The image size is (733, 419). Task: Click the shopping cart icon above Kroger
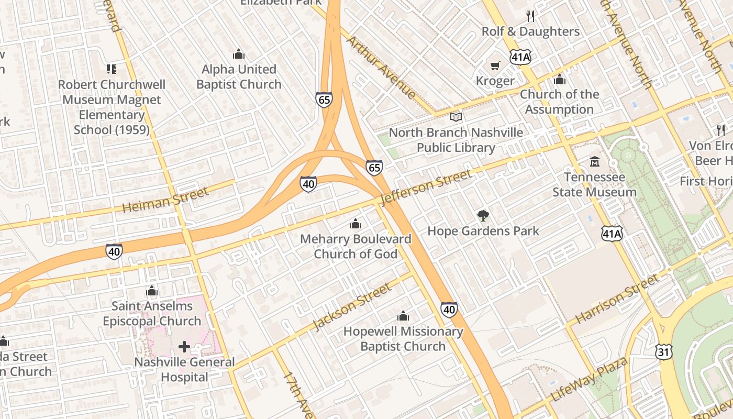click(x=495, y=66)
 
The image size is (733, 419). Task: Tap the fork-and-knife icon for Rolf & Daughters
click(x=530, y=16)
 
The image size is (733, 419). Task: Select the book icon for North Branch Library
click(x=456, y=117)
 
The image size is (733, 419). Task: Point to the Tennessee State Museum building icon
click(x=594, y=162)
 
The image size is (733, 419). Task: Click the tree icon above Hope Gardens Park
click(x=483, y=215)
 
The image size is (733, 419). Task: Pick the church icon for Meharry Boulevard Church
click(x=356, y=224)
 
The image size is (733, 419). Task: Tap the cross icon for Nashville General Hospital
click(x=184, y=347)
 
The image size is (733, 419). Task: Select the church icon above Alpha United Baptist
click(x=239, y=54)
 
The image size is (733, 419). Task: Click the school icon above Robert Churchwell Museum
click(x=111, y=69)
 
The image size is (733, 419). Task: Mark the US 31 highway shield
click(x=663, y=352)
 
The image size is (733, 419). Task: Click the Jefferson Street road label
click(x=426, y=187)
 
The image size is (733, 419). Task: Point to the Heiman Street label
click(x=165, y=200)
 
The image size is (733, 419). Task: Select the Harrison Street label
click(x=617, y=299)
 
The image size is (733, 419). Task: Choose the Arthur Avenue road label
click(x=381, y=68)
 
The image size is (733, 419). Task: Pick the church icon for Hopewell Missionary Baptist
click(x=403, y=316)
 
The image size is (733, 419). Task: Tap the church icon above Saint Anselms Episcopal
click(x=152, y=291)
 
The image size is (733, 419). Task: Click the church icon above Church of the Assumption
click(x=559, y=80)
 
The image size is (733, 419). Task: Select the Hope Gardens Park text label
click(x=483, y=231)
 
